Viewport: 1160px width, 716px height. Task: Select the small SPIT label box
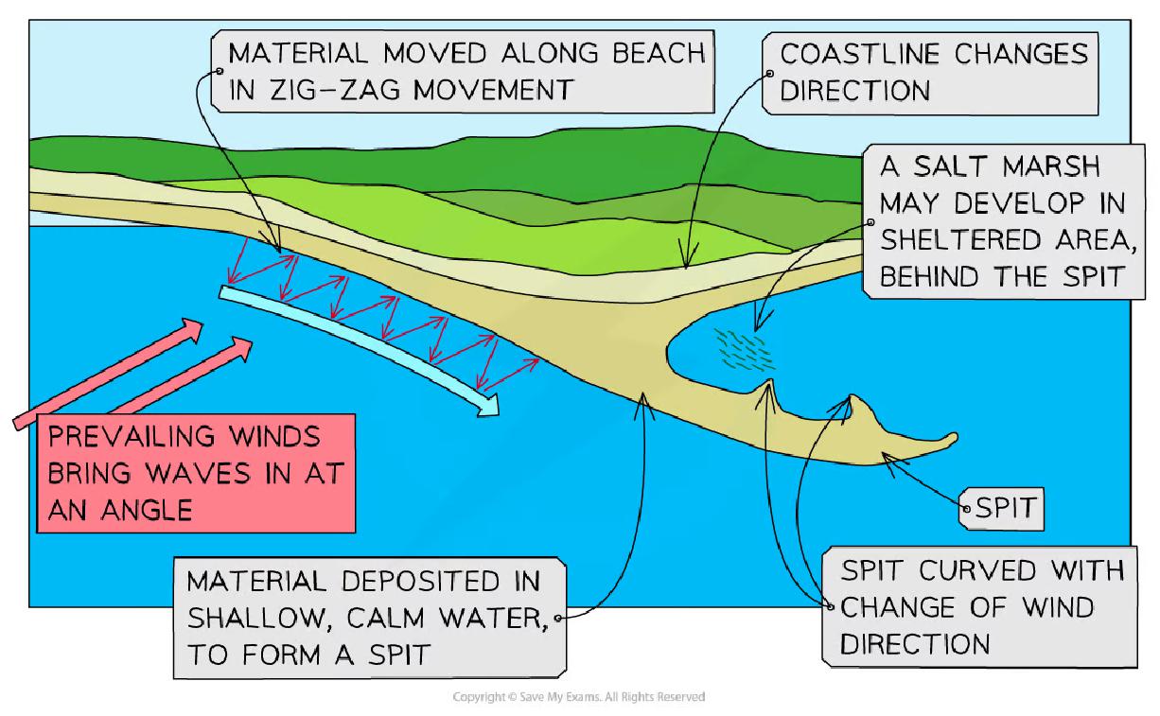pos(1002,509)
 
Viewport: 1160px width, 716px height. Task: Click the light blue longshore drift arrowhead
pos(488,405)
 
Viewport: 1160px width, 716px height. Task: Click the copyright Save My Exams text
pos(578,697)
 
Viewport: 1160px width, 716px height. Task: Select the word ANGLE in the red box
pos(147,510)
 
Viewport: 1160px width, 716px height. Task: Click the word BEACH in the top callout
pos(659,53)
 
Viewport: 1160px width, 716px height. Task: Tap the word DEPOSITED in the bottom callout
pos(420,581)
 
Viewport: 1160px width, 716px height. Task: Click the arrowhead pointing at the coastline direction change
pos(687,256)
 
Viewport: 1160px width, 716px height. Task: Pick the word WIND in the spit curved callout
pos(1058,607)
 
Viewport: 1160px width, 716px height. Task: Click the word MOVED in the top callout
pos(434,53)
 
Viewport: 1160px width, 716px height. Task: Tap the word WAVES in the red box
pos(198,473)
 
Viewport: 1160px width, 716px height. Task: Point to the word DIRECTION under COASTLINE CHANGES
pos(855,91)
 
